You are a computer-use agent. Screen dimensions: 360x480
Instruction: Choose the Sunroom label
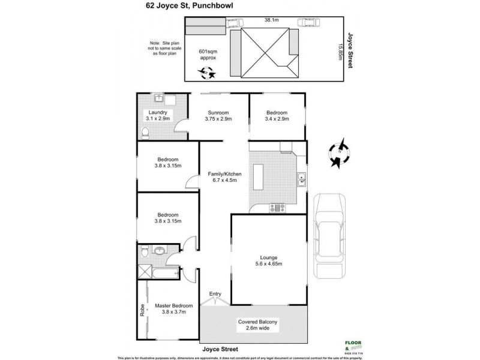coord(218,115)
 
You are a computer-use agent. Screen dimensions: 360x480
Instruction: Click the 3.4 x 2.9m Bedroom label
coord(277,115)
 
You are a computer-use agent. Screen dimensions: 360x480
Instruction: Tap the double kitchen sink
coord(302,178)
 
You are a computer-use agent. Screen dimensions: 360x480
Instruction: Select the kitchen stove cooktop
coord(278,208)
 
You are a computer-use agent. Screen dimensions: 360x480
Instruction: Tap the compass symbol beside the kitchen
coord(338,152)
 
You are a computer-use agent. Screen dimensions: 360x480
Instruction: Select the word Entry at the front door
coord(214,294)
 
